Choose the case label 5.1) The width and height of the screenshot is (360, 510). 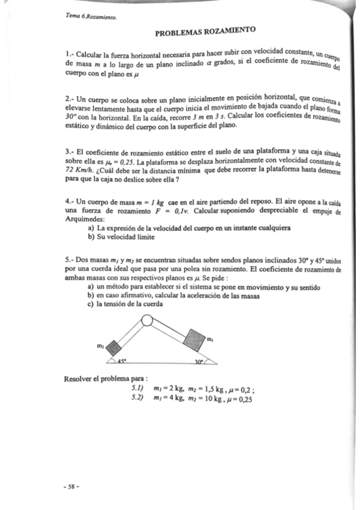(140, 389)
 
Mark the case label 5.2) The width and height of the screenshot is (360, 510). (140, 398)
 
